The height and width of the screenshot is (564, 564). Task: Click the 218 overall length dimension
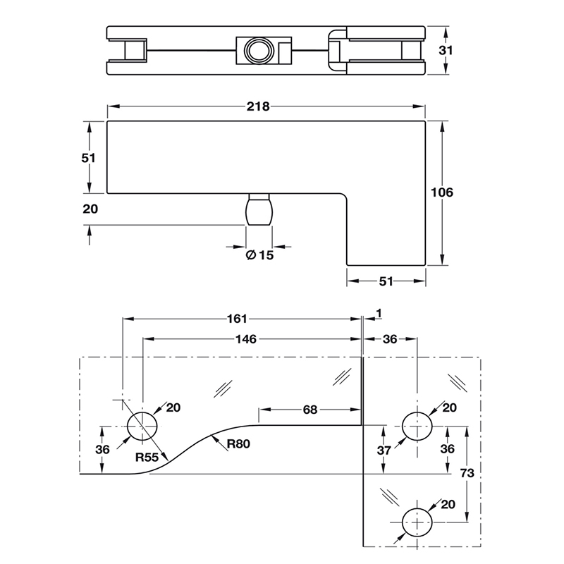pyautogui.click(x=259, y=106)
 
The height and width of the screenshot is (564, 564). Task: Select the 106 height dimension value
pyautogui.click(x=441, y=192)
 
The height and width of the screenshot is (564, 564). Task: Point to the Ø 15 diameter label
pyautogui.click(x=259, y=255)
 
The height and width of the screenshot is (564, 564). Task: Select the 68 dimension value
pyautogui.click(x=310, y=408)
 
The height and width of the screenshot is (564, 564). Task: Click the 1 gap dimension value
pyautogui.click(x=379, y=312)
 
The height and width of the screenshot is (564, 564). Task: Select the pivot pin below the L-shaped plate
pyautogui.click(x=259, y=211)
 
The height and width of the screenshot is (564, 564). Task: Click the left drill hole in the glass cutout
pyautogui.click(x=142, y=426)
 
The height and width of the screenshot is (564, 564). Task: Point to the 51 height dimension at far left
pyautogui.click(x=89, y=158)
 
